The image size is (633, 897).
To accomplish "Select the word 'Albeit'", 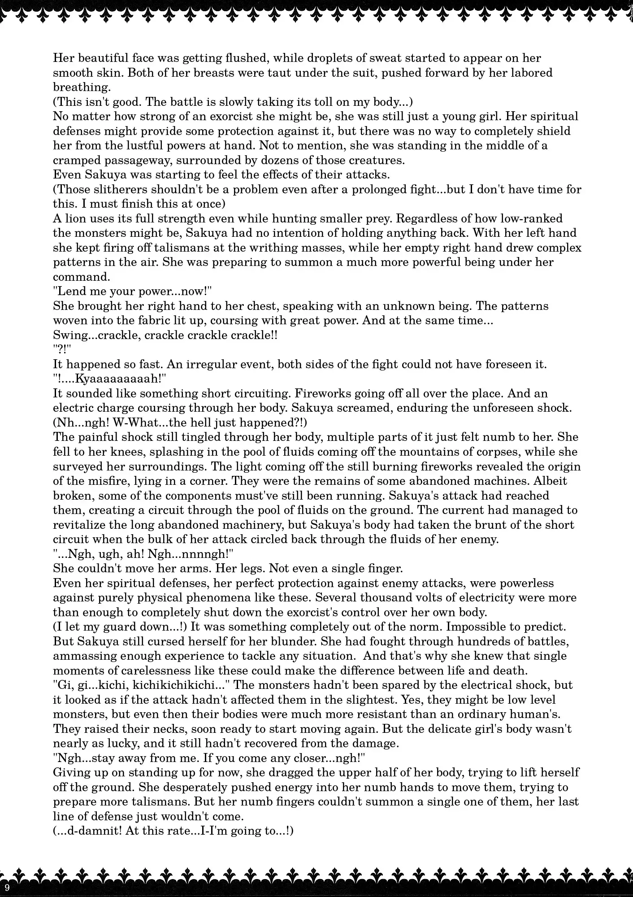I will [x=552, y=481].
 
